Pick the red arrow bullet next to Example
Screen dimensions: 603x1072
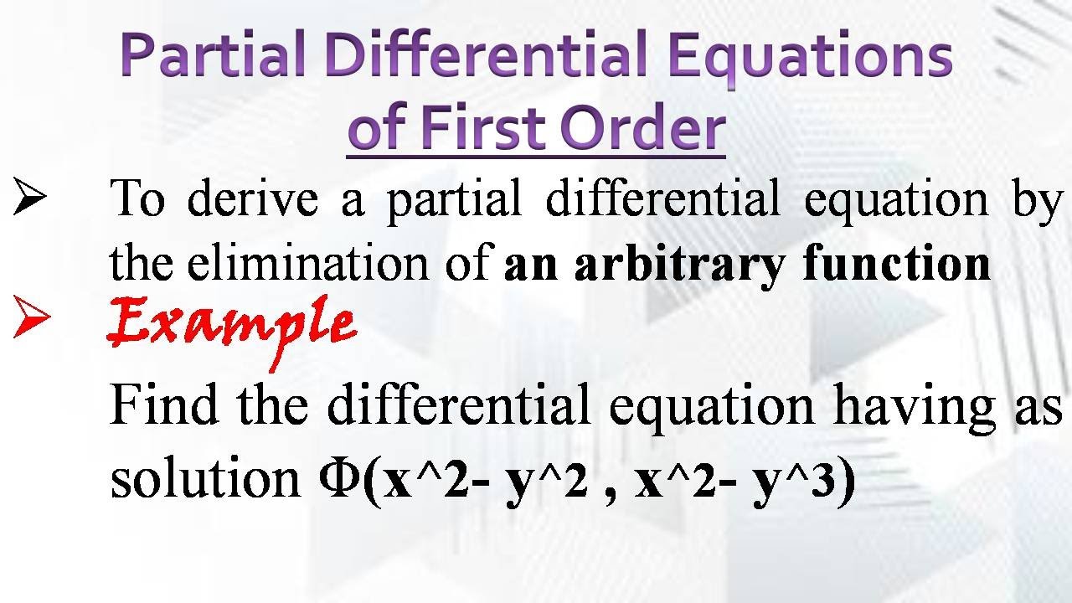[x=31, y=322]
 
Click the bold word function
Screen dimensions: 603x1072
[x=896, y=264]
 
